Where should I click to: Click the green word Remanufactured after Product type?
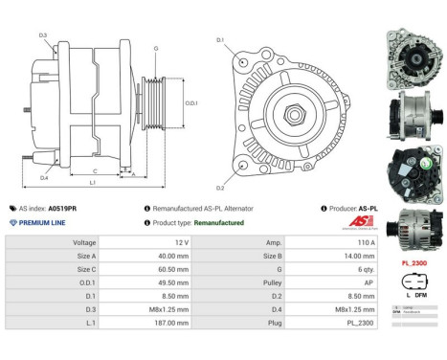pos(219,222)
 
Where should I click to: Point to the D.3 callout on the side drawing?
pos(44,35)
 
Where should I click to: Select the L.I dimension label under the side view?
pos(92,181)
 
